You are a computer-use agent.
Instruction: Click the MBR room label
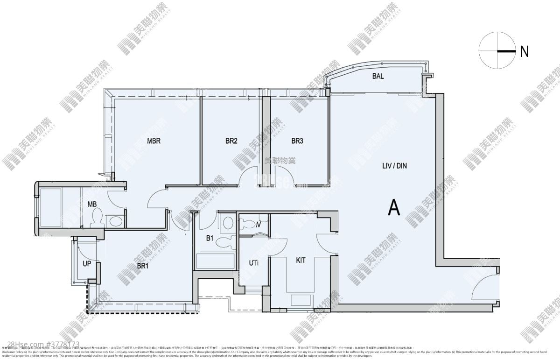tap(154, 140)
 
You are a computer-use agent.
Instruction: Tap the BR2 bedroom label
tap(231, 140)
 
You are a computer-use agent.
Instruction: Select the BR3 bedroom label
tap(297, 140)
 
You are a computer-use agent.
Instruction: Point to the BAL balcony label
tap(378, 77)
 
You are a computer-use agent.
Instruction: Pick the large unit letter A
tap(394, 207)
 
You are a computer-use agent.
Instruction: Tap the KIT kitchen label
tap(301, 260)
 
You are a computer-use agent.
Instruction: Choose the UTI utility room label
tap(253, 262)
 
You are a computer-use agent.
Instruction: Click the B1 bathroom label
tap(210, 238)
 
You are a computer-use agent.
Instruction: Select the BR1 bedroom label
tap(142, 266)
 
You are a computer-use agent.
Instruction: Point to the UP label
tap(86, 263)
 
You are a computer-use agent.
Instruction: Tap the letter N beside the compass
tap(524, 52)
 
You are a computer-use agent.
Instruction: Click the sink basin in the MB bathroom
tap(115, 221)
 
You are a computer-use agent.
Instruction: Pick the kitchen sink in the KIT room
tap(299, 300)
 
